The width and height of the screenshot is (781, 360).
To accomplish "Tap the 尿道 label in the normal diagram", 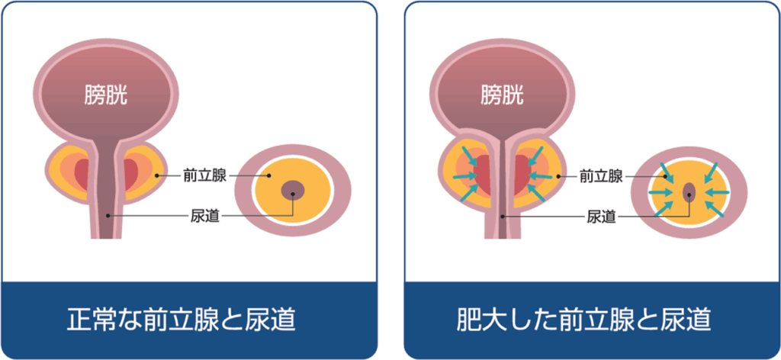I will (x=205, y=216).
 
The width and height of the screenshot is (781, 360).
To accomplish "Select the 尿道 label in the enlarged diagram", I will (x=602, y=216).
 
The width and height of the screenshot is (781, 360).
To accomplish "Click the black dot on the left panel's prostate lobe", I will (x=156, y=175).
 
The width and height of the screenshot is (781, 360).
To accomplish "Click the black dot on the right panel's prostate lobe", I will (x=558, y=175).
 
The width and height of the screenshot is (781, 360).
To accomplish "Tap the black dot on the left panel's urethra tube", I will (x=108, y=216).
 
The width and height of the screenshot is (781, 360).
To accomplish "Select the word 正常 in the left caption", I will (x=89, y=320).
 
